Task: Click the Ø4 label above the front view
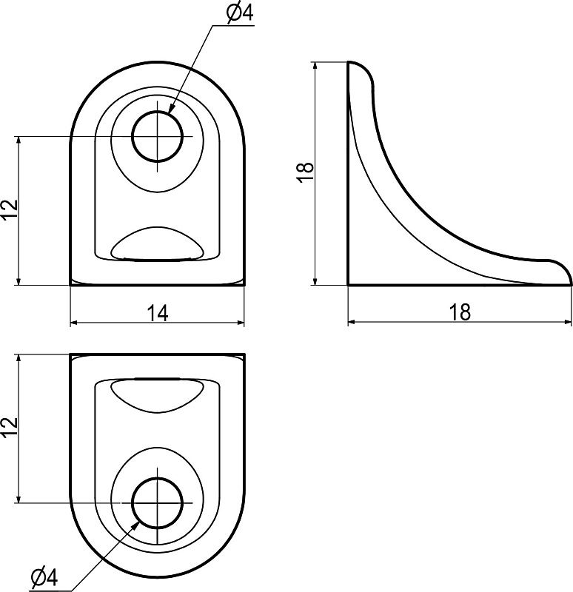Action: [239, 13]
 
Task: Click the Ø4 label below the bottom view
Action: [44, 577]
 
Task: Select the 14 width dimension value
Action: [157, 313]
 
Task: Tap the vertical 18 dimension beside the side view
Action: [305, 172]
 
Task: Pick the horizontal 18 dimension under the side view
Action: [460, 312]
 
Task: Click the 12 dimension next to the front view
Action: [10, 210]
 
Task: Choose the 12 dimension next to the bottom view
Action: [10, 428]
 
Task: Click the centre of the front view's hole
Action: [157, 136]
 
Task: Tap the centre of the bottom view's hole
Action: [157, 503]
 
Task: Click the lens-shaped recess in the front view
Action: [157, 243]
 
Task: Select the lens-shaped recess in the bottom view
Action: [157, 396]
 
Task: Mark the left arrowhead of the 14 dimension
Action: [75, 323]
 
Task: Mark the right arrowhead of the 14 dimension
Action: [240, 323]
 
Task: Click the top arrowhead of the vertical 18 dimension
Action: [315, 66]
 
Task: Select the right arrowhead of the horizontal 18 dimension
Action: [567, 322]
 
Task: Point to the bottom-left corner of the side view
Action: [348, 285]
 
